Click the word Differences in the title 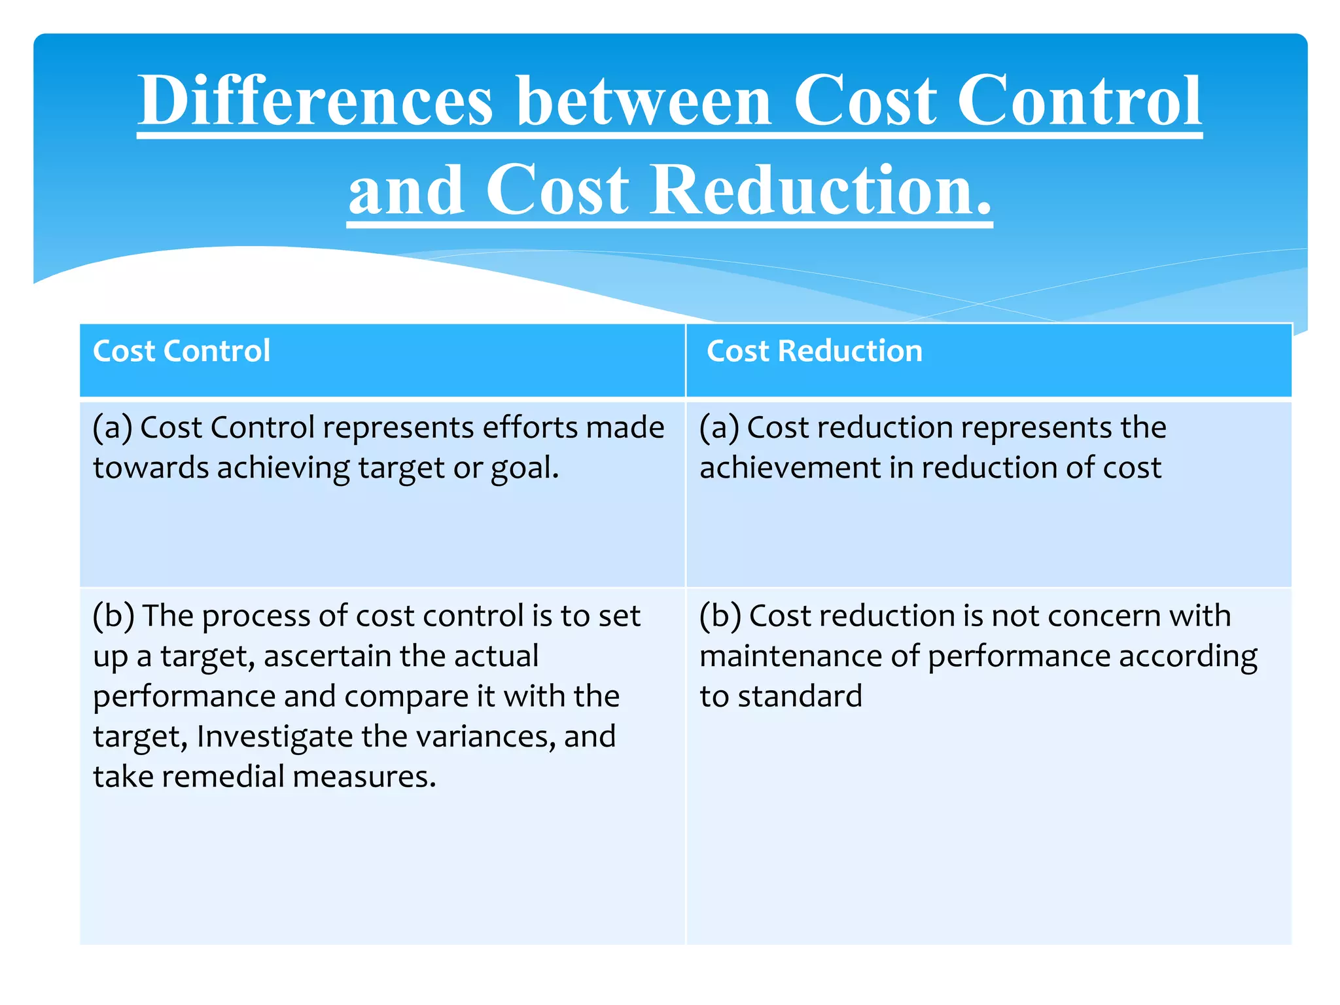(x=315, y=101)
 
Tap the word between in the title (x=644, y=101)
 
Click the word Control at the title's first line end (x=1079, y=101)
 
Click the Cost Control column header (x=181, y=351)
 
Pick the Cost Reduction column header (x=814, y=351)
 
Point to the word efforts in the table (x=529, y=428)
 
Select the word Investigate (x=275, y=737)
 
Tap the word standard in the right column (x=800, y=696)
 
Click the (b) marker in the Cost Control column (x=113, y=616)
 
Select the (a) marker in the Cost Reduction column (x=719, y=428)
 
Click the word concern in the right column (x=1105, y=616)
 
